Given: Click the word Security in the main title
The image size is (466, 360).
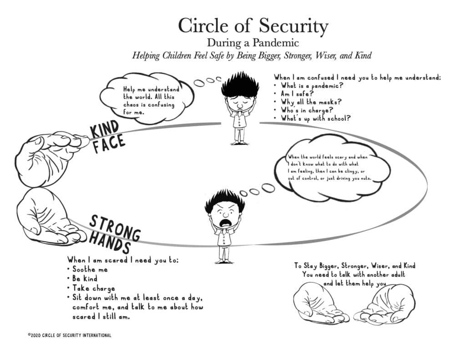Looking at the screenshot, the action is [x=294, y=26].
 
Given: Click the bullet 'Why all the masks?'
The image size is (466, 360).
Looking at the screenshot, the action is [x=311, y=102].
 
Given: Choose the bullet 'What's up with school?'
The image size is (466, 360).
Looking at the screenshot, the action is [x=316, y=118].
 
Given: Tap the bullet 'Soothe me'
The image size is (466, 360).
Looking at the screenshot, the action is [x=90, y=269].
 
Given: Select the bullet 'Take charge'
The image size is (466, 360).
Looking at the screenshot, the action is [x=94, y=289].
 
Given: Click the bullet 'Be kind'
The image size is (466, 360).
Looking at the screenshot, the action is [x=85, y=279].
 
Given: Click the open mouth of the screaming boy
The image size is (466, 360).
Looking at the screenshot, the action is [x=225, y=223].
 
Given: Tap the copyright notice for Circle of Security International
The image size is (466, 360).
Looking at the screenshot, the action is [x=70, y=335].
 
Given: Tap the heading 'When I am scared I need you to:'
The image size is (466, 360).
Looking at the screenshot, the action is [x=123, y=260].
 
